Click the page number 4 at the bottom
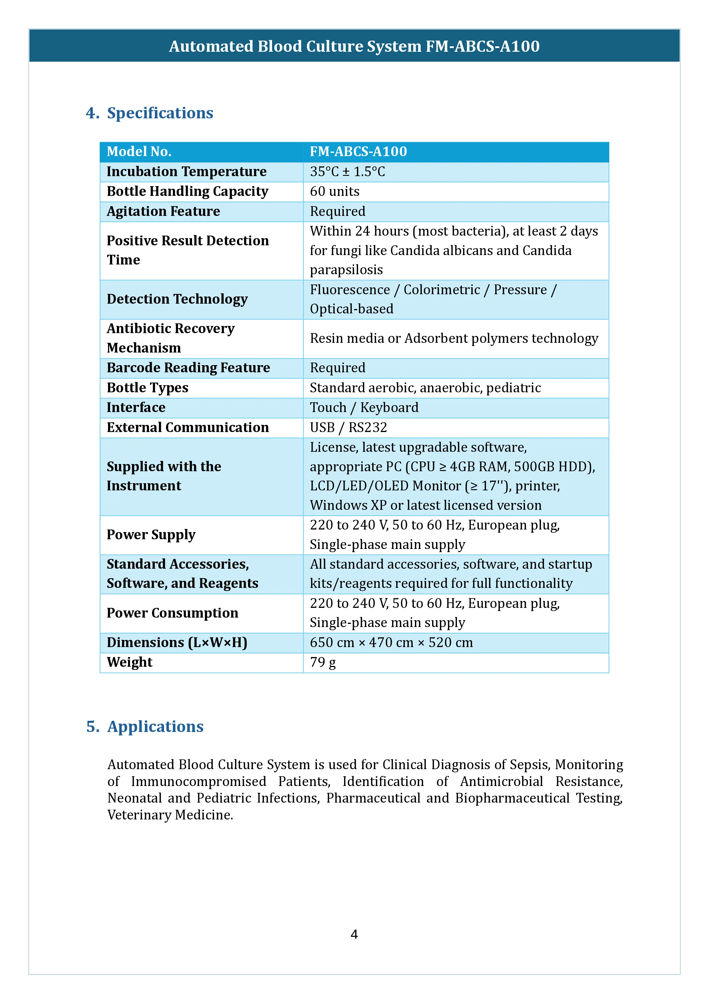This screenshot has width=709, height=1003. pos(354,934)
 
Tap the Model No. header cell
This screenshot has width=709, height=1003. pos(139,152)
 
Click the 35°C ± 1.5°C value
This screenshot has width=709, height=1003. pos(347,172)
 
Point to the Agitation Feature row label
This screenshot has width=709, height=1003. pos(163,211)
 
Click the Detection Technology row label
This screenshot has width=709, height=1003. pos(177,299)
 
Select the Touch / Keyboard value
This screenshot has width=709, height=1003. pos(364,408)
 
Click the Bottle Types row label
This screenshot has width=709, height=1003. pos(147,388)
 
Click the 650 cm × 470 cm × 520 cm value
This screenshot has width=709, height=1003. pos(391,643)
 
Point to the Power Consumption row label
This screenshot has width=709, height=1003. pos(172,613)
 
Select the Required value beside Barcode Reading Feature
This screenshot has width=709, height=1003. pos(337,368)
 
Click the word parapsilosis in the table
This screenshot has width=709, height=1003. pos(346,270)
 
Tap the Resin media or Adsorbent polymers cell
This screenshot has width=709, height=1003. pos(454,339)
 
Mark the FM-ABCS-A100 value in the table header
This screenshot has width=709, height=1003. pos(358,152)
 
